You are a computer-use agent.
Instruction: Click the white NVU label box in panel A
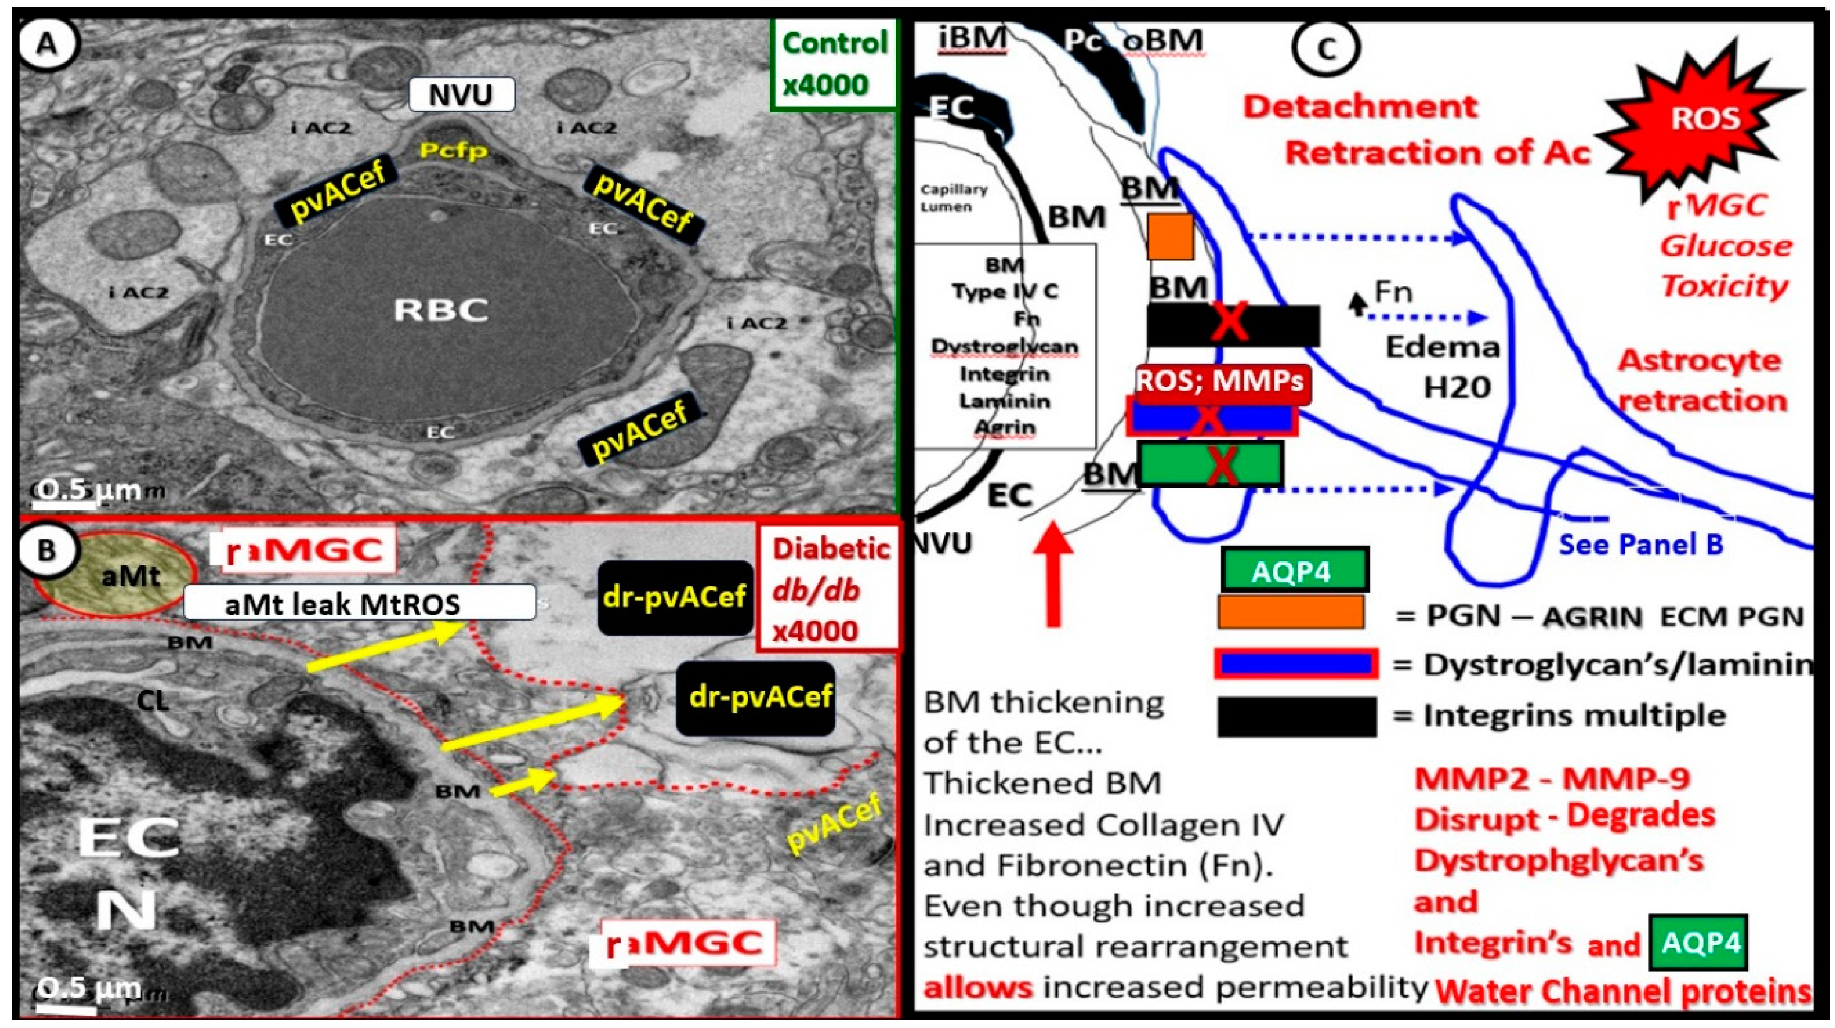coord(461,94)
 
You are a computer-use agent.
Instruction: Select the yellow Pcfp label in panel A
coord(454,150)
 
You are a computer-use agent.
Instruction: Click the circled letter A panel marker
coord(47,45)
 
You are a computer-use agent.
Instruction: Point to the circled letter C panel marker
coord(1326,48)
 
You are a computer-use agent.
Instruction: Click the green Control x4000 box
coord(833,64)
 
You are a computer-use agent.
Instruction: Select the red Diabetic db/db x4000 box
coord(830,589)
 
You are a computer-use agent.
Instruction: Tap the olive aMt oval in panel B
coord(114,574)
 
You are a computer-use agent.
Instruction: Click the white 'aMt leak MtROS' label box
coord(360,603)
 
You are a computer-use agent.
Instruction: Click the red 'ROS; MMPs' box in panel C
coord(1222,381)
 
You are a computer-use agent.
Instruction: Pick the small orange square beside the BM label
coord(1170,237)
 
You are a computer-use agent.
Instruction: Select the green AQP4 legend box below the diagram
coord(1294,569)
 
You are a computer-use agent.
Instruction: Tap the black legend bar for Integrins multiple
coord(1296,716)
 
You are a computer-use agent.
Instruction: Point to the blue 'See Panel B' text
coord(1640,545)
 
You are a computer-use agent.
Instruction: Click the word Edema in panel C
coord(1443,347)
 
